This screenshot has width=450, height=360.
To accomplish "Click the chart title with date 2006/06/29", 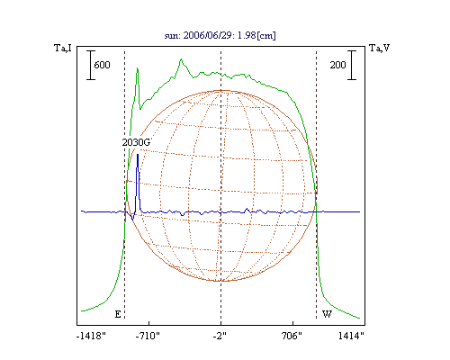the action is click(x=220, y=35).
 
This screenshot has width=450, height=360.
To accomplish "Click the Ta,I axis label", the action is click(x=63, y=48).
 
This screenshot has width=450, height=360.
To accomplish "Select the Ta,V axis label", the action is click(x=379, y=48).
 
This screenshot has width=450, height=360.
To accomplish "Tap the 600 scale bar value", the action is click(x=102, y=65).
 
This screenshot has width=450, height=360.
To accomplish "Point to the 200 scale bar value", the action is click(x=337, y=65).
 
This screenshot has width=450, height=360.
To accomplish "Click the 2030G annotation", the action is click(x=136, y=142).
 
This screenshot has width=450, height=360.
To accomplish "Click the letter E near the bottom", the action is click(x=118, y=314).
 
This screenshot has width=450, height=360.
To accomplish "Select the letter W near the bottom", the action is click(x=327, y=314).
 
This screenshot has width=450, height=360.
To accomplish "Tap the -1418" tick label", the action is click(x=91, y=336).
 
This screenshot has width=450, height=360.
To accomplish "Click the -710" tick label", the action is click(x=148, y=336).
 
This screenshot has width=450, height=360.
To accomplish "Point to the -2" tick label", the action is click(x=220, y=336).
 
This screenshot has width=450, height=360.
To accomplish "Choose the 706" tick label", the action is click(x=292, y=336).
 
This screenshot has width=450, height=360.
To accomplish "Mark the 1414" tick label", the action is click(x=351, y=336).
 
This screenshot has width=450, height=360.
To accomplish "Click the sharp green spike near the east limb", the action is click(x=138, y=68).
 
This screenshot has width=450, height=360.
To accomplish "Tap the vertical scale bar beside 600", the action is click(x=91, y=65).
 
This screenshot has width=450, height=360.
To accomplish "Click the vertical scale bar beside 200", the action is click(x=352, y=65).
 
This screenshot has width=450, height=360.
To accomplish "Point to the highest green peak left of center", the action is click(x=181, y=59).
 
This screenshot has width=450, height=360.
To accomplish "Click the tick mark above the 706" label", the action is click(x=292, y=323).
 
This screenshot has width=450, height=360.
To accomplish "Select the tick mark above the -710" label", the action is click(x=149, y=323).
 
